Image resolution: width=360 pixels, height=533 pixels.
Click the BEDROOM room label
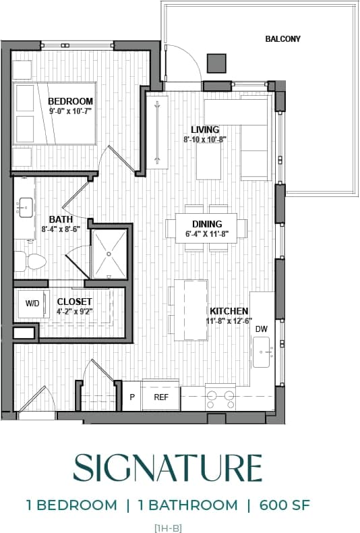70,101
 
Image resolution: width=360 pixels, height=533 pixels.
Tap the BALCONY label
283,39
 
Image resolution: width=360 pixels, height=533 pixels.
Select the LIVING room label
205,130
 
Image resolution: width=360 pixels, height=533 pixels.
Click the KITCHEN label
229,310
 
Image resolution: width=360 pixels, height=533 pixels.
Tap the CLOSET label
74,302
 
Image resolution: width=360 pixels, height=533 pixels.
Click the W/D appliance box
32,304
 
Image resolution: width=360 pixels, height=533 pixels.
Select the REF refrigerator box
161,397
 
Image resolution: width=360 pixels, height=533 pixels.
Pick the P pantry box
132,397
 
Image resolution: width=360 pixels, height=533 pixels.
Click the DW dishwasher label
261,329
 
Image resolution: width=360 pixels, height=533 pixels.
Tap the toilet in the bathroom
30,260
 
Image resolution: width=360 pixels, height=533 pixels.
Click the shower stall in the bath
109,254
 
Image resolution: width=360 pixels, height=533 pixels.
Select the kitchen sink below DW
262,352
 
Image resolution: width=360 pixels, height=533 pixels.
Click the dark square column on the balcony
216,63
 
